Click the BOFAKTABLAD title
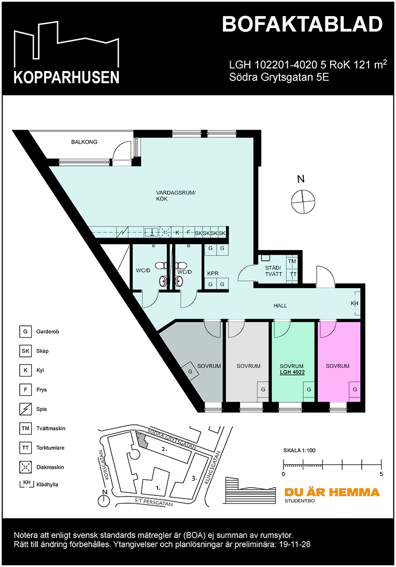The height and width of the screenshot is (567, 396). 302,24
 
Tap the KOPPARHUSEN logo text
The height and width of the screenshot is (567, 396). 66,77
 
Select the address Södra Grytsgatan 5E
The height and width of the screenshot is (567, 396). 279,77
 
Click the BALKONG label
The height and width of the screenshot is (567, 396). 84,142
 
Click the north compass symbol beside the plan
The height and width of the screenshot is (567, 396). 303,201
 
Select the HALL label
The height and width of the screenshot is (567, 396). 280,306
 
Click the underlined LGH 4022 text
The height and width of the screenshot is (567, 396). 291,372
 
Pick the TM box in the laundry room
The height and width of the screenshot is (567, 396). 293,262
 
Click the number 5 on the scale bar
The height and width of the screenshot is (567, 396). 381,474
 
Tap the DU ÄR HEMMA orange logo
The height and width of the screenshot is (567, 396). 332,492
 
